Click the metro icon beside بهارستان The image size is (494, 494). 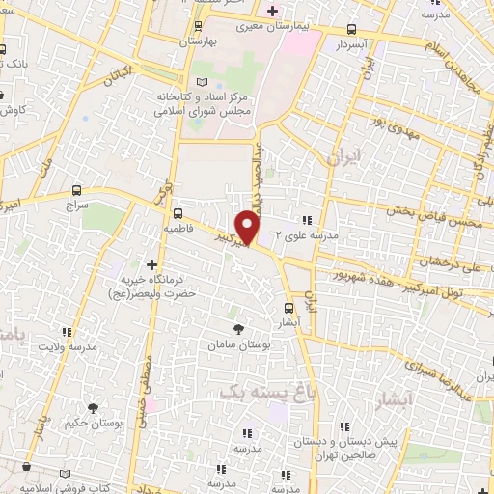pos(198,27)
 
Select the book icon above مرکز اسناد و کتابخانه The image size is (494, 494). pos(201,83)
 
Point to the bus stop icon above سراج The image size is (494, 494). pos(77,189)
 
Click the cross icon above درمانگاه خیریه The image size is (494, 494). pos(151,263)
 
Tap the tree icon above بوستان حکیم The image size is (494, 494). pos(94,408)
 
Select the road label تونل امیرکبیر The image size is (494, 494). pos(459,288)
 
